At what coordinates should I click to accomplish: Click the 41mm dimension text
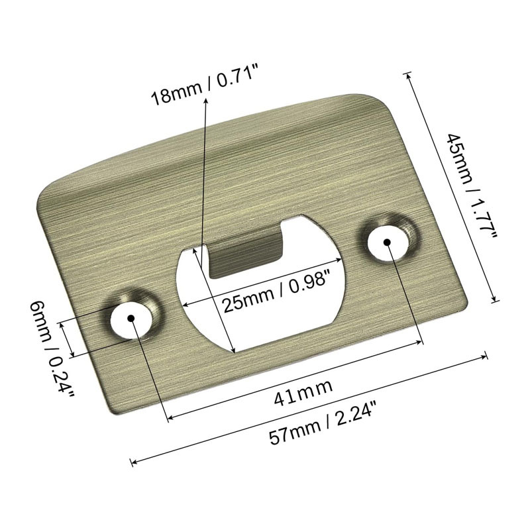coord(295,384)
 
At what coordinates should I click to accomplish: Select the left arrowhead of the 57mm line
coord(133,461)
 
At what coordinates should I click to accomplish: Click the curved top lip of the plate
coord(219,136)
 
